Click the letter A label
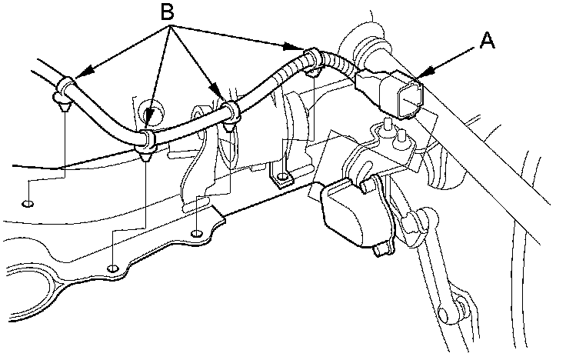(x=487, y=42)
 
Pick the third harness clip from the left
(x=228, y=112)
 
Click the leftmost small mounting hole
(x=28, y=204)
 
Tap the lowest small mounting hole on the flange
(x=113, y=268)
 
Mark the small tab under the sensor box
(x=379, y=250)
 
